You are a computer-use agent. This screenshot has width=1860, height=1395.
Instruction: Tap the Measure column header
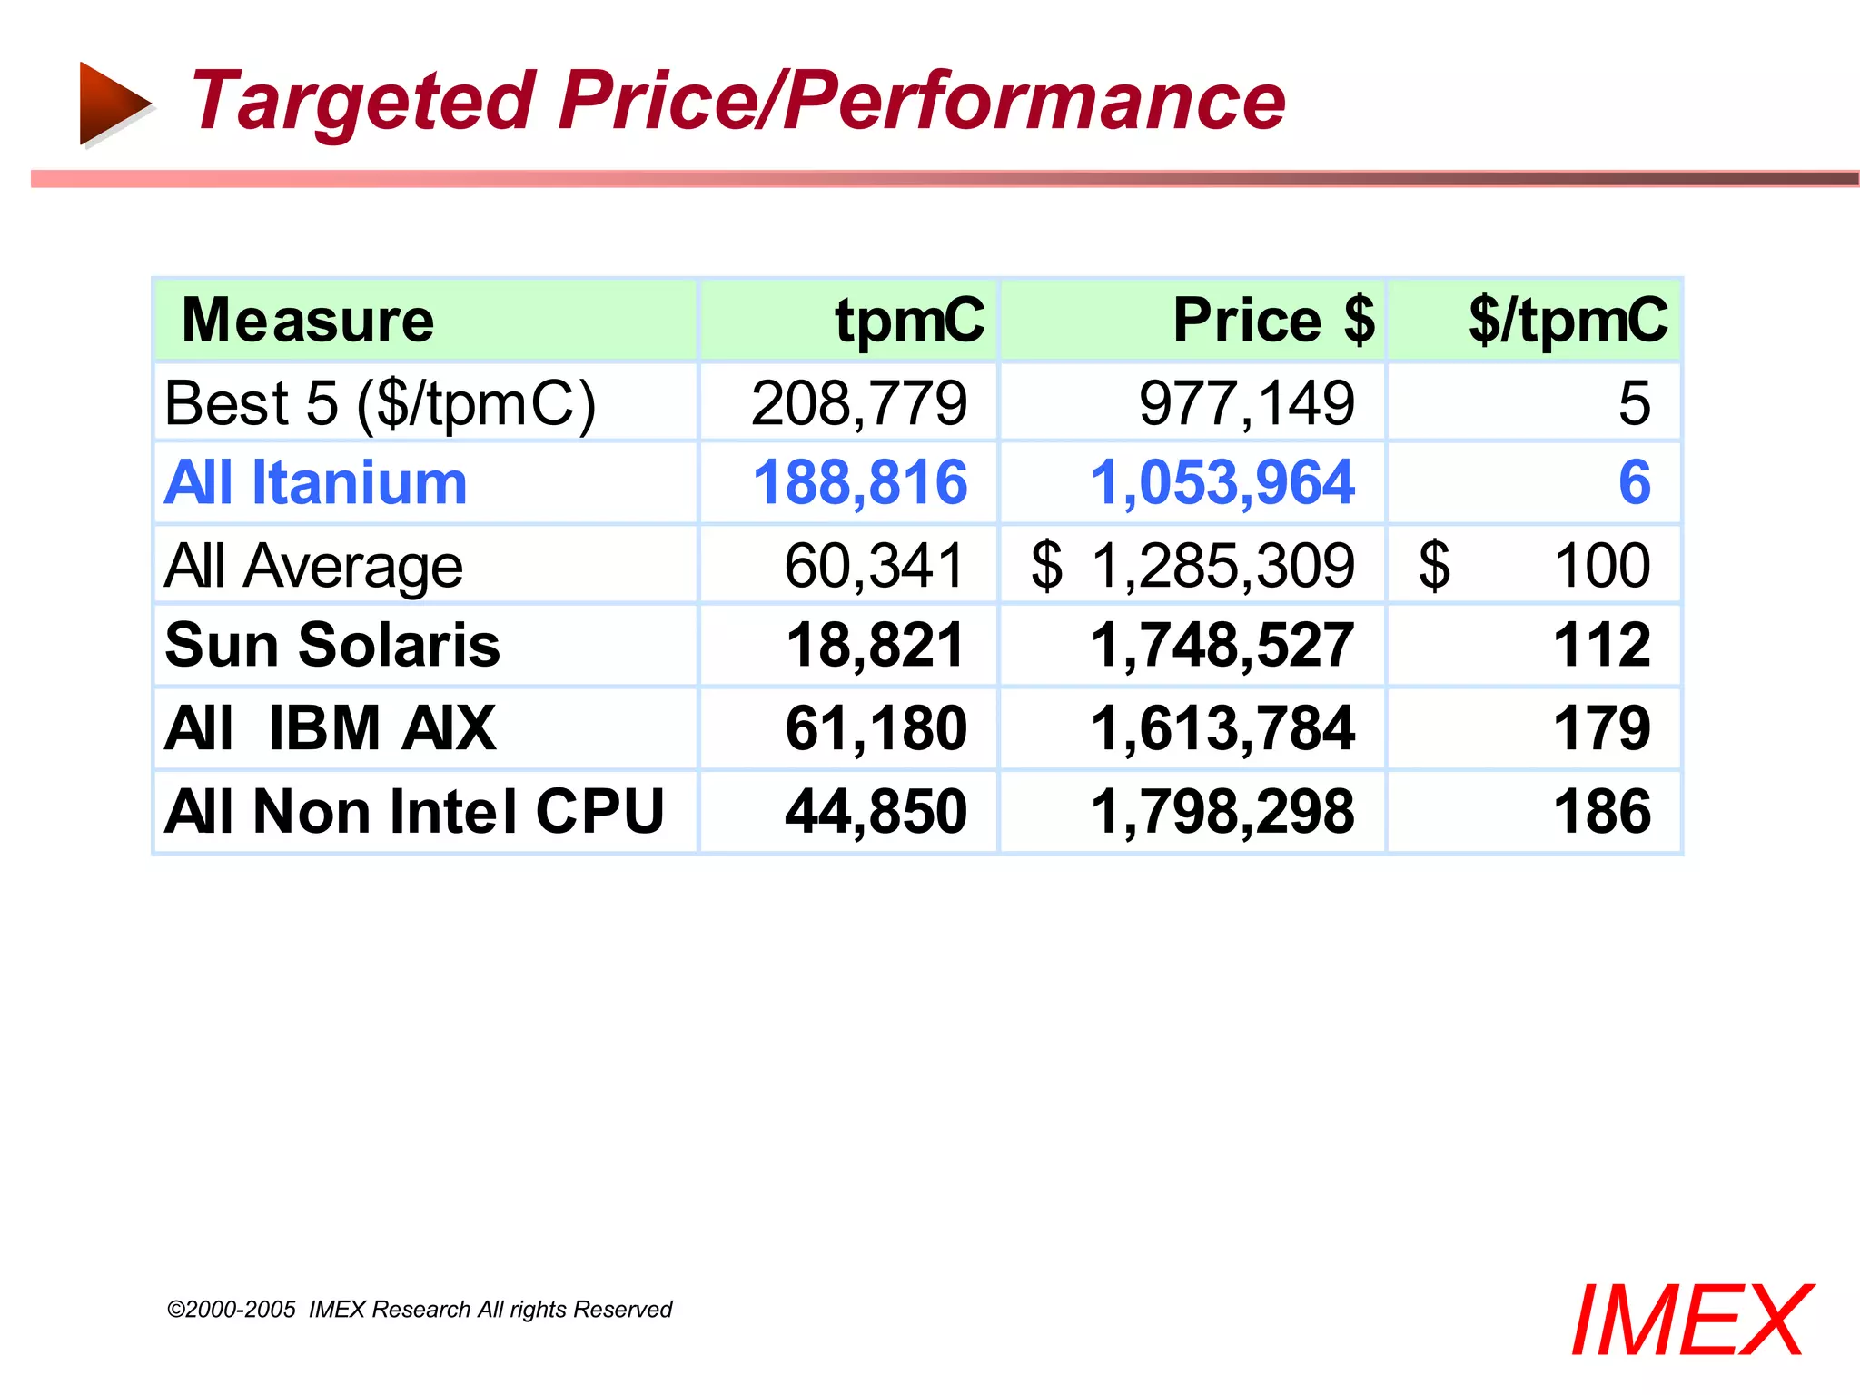[x=308, y=321]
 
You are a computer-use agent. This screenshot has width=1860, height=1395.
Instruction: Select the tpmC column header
[x=909, y=321]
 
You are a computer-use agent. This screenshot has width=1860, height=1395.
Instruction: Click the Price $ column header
[x=1273, y=321]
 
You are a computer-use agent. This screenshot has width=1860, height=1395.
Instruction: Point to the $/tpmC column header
[x=1568, y=321]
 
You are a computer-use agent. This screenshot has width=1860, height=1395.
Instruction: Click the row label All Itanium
[x=316, y=482]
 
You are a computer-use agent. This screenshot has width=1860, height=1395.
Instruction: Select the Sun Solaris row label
[x=332, y=645]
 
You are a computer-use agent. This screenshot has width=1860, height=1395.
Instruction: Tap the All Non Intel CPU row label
[x=415, y=811]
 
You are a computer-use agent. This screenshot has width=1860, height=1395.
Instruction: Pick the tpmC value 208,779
[x=859, y=403]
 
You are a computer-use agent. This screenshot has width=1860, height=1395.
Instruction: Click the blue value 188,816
[x=860, y=482]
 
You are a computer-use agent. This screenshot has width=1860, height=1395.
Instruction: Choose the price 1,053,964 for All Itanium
[x=1222, y=482]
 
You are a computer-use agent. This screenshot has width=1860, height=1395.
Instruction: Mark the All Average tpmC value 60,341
[x=874, y=566]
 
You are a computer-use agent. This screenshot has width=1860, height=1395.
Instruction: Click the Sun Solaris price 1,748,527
[x=1222, y=645]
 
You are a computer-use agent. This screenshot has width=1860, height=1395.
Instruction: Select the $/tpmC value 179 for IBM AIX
[x=1602, y=728]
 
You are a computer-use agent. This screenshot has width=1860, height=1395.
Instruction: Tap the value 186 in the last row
[x=1602, y=811]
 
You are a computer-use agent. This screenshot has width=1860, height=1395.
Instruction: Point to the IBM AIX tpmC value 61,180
[x=876, y=728]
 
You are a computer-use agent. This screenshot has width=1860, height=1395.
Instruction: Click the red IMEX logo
[x=1691, y=1321]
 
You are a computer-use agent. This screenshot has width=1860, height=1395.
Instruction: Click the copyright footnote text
[x=420, y=1310]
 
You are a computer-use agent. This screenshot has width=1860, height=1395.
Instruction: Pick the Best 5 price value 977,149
[x=1247, y=403]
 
